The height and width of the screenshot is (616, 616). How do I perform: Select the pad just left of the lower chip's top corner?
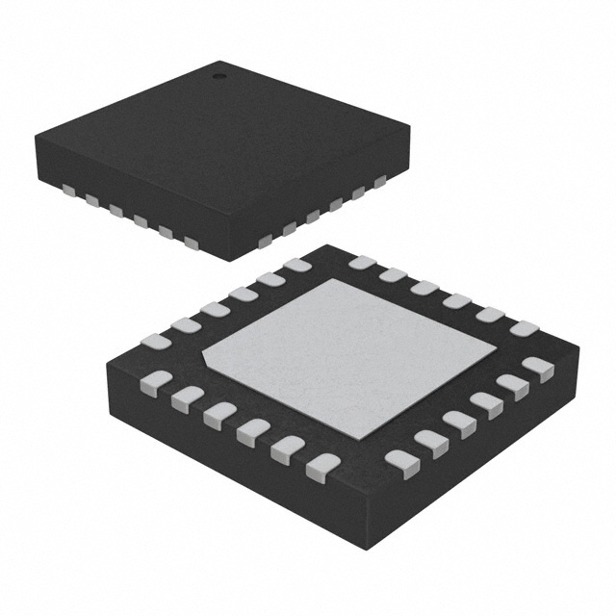point(297,265)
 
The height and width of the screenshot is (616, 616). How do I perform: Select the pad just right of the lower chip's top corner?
point(362,262)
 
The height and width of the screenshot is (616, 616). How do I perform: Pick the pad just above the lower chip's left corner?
point(155,341)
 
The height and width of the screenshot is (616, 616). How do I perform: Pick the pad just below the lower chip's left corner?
point(156,381)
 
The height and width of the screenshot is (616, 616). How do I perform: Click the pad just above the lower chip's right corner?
point(525,328)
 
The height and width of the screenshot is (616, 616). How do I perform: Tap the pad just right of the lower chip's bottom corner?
point(401,464)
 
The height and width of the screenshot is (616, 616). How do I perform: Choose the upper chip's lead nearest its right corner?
point(378,181)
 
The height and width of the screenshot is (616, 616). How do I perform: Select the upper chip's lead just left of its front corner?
point(191,243)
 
